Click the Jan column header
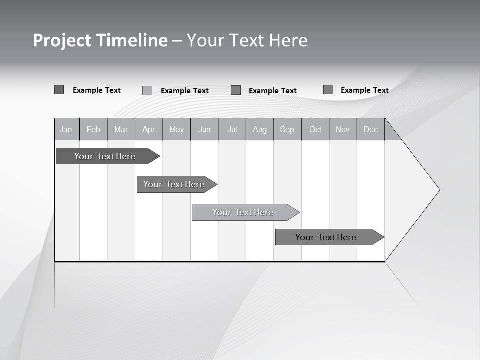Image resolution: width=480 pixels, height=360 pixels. pos(66,129)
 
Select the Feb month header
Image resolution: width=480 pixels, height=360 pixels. pos(93,129)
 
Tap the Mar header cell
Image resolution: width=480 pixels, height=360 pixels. pos(121,129)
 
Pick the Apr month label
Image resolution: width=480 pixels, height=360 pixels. pos(149,129)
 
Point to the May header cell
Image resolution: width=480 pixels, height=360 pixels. pos(176,129)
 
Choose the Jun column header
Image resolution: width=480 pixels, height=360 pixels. pos(204,129)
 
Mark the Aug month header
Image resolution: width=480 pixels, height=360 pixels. pos(260,129)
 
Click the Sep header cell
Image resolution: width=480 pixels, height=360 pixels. pos(287,129)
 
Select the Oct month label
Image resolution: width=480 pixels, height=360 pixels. pos(315,129)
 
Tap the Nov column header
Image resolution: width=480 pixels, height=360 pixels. pos(343,129)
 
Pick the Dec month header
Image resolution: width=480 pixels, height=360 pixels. pos(371,129)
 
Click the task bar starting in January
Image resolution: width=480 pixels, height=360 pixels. pos(105,156)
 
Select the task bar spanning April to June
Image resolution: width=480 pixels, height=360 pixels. pos(174,184)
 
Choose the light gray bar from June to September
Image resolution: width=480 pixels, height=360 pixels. pos(243,212)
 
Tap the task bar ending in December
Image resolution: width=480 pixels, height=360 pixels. pos(326,237)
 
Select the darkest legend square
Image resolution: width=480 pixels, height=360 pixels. pos(59,90)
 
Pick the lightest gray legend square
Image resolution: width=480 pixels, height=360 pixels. pos(147,90)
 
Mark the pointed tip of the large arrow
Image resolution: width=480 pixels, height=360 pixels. pos(439,189)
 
